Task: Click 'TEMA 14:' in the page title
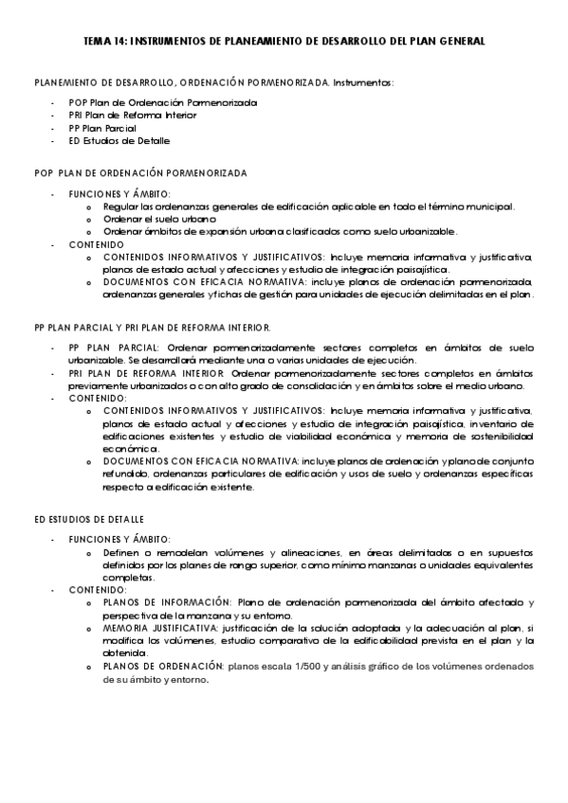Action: tap(103, 43)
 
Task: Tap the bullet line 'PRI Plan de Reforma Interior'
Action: tap(133, 115)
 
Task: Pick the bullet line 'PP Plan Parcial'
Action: tap(102, 128)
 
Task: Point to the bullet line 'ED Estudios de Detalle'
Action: tap(119, 141)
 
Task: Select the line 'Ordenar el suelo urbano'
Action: tap(153, 219)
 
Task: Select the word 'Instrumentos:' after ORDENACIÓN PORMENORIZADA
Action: tap(363, 83)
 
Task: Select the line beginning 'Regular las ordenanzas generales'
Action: tap(308, 205)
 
